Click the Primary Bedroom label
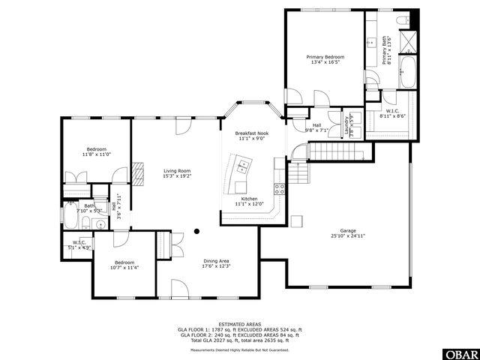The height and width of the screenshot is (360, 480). (325, 57)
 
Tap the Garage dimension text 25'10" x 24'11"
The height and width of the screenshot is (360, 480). (347, 236)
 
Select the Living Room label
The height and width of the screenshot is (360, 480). (177, 171)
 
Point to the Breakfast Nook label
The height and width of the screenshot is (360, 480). (252, 133)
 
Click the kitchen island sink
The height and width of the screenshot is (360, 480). (244, 163)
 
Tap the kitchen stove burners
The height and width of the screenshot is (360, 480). (279, 188)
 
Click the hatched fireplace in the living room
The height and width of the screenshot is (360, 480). (137, 172)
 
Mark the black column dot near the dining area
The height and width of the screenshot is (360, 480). (197, 232)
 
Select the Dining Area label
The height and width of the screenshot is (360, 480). (215, 261)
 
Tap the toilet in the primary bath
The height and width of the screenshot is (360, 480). (400, 19)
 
